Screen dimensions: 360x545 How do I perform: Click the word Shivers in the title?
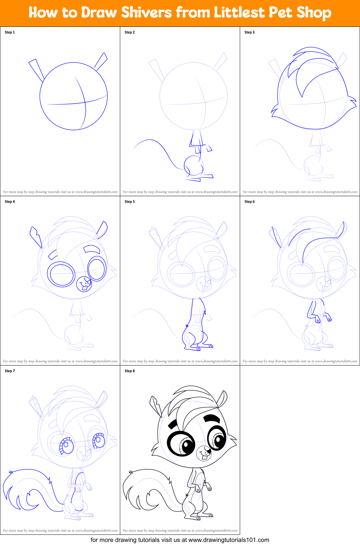point(146,12)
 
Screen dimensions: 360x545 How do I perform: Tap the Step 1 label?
point(10,32)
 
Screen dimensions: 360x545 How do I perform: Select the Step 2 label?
point(130,32)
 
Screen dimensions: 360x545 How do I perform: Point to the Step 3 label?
point(249,32)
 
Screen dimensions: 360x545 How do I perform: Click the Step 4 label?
point(10,202)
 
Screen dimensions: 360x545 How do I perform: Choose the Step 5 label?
point(130,202)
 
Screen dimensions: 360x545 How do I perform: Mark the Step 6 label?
point(249,202)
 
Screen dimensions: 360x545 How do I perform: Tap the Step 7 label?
point(10,371)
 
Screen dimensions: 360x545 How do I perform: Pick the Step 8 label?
point(130,371)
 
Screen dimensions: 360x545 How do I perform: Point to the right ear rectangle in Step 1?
point(101,61)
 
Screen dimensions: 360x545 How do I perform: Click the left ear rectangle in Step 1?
point(36,70)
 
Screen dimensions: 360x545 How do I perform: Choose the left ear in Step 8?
point(156,406)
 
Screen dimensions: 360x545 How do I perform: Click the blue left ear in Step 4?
point(36,237)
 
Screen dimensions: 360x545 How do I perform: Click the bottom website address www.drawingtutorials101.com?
point(229,540)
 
